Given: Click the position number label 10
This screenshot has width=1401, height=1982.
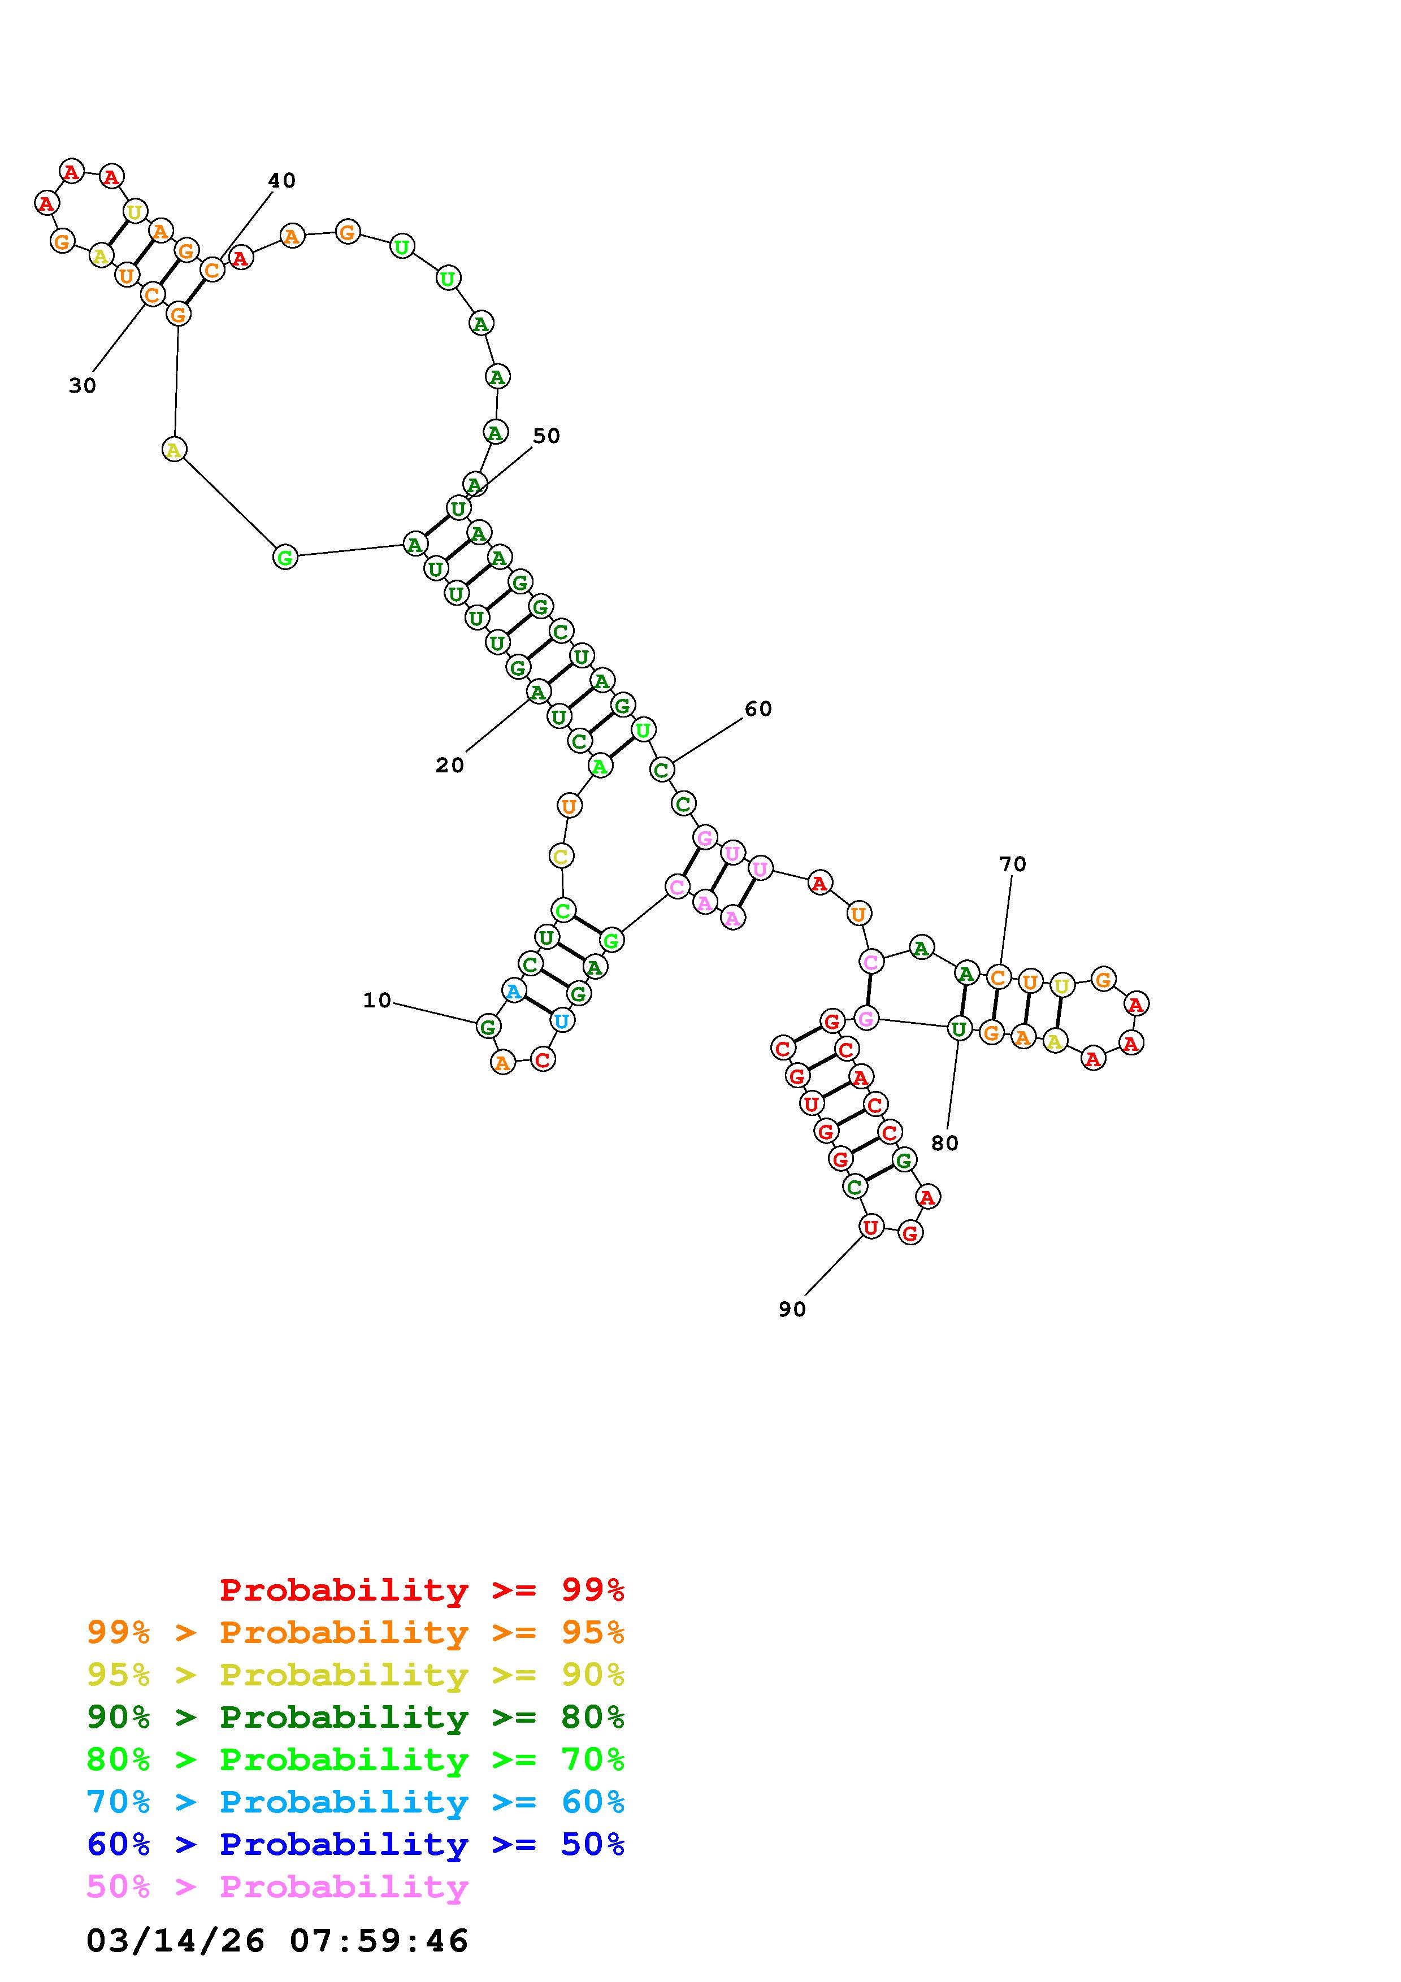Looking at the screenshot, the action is (x=377, y=1001).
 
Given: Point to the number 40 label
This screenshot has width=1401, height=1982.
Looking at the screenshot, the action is (x=282, y=180).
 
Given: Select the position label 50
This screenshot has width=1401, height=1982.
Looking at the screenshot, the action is (x=546, y=436).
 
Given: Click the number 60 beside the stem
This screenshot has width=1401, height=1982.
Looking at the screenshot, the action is (x=759, y=709).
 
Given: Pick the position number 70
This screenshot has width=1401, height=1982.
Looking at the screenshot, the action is (x=1013, y=864).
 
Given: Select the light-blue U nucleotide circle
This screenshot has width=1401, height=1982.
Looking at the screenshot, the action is (x=562, y=1021).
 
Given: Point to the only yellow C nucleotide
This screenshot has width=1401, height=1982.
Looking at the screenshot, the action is (x=561, y=857).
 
